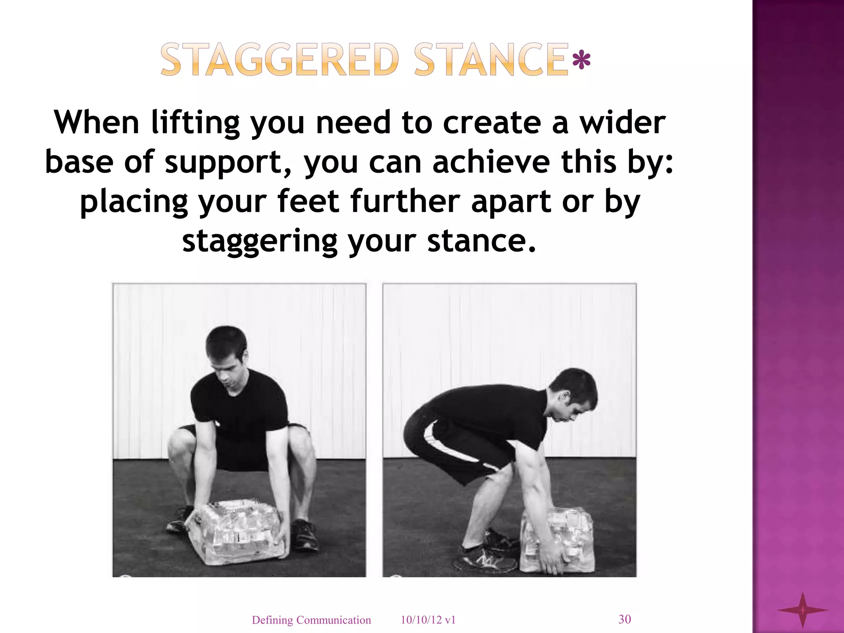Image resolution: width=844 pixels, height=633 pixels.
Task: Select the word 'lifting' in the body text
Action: point(195,123)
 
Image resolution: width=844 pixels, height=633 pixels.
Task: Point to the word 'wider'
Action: point(623,123)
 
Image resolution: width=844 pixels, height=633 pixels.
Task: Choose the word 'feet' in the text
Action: point(308,201)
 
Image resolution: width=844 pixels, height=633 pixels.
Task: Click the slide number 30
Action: point(624,619)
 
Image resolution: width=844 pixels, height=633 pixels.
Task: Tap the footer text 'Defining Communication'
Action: point(311,620)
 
